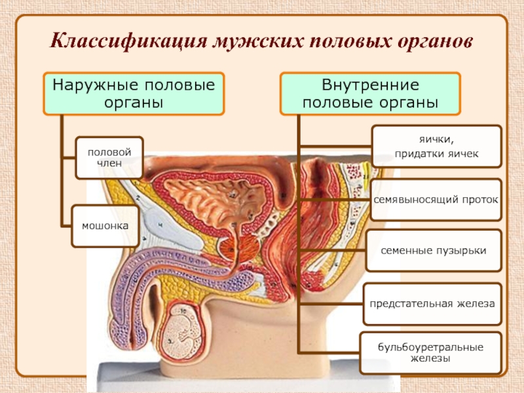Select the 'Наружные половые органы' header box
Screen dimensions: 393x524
pos(134,93)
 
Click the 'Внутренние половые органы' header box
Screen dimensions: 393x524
pos(371,93)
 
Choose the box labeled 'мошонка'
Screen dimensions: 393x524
pos(105,225)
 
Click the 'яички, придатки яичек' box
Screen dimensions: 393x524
pos(436,147)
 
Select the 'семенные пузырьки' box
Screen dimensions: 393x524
pos(434,250)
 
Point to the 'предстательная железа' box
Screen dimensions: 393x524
pos(432,303)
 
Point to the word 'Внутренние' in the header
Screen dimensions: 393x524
pos(371,85)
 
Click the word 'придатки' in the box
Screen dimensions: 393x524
pos(419,154)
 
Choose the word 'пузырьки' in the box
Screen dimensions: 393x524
pos(462,250)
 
